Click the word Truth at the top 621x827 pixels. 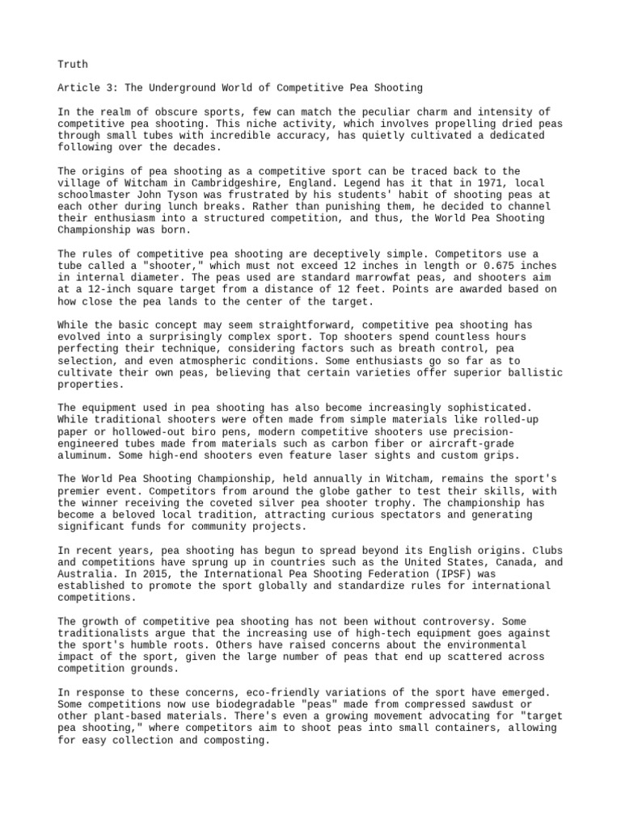click(x=73, y=64)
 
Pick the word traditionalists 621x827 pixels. click(x=107, y=634)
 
